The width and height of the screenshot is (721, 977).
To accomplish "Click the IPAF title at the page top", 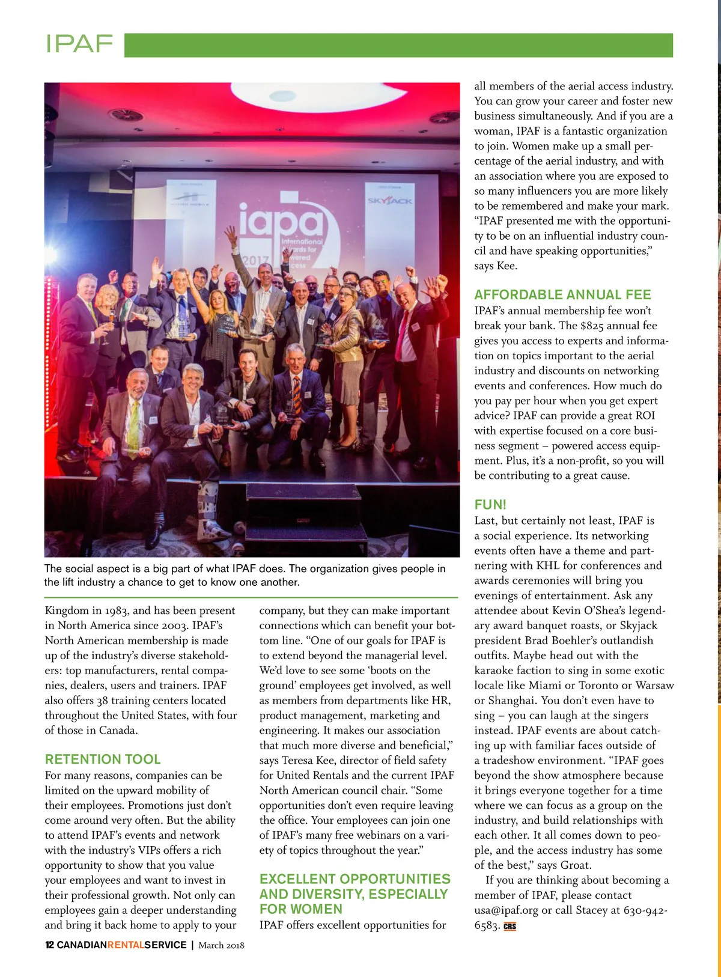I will [79, 44].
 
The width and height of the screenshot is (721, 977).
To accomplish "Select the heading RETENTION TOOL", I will [103, 759].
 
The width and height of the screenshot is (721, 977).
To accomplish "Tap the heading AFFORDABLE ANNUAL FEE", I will [562, 294].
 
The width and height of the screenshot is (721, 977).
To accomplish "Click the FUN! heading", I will [490, 504].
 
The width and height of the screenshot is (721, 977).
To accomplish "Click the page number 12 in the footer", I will [49, 945].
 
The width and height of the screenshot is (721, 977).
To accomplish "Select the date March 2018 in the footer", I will [221, 945].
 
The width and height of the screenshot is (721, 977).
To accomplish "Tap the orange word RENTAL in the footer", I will [126, 945].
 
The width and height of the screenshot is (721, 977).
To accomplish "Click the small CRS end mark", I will [510, 926].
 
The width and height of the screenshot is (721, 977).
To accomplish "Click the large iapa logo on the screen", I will [281, 219].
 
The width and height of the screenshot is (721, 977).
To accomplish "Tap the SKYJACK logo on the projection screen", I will [390, 201].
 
